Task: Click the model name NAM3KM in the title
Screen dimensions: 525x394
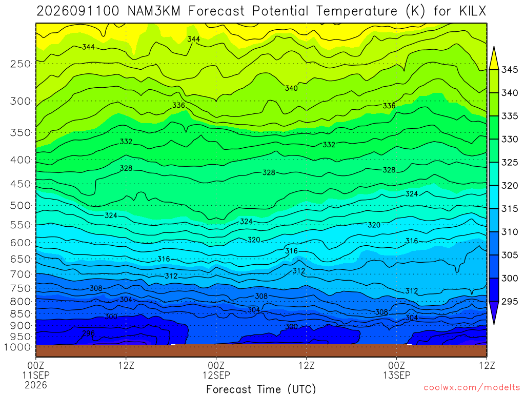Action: point(154,11)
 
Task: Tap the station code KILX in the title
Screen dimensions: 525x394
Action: point(472,11)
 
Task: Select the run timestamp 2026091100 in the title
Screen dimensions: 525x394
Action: point(78,11)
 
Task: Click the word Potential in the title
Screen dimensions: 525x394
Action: point(280,11)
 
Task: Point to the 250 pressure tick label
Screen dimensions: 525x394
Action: point(21,64)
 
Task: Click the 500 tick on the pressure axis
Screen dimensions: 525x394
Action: point(21,205)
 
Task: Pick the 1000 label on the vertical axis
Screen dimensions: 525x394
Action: point(17,347)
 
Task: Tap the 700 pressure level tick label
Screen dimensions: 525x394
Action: point(21,274)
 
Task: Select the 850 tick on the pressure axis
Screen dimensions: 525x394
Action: point(21,314)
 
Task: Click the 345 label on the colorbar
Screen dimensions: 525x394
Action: point(509,70)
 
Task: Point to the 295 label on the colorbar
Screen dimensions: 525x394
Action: point(509,302)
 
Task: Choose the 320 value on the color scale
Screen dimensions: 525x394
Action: point(509,186)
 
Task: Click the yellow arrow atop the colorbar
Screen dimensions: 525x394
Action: point(494,58)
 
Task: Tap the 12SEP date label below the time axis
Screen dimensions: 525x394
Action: point(216,375)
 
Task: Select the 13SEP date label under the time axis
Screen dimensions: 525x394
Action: point(397,375)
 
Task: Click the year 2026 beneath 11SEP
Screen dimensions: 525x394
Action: point(36,385)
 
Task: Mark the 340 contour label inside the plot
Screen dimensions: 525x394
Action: point(291,88)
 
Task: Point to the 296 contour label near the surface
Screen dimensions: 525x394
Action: point(88,333)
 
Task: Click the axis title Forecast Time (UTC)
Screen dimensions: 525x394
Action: point(261,389)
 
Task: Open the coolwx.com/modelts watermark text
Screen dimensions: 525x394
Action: point(472,388)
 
